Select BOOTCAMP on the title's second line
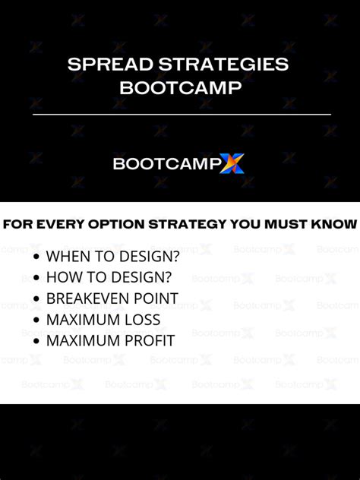[x=180, y=87]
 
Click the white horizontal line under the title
[x=180, y=114]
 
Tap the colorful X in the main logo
[x=232, y=163]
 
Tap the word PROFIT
[x=150, y=341]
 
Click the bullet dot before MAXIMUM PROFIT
[x=37, y=341]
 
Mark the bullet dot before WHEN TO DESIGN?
[x=37, y=257]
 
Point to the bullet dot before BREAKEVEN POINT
[x=37, y=299]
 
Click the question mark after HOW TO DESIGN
[x=168, y=278]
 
